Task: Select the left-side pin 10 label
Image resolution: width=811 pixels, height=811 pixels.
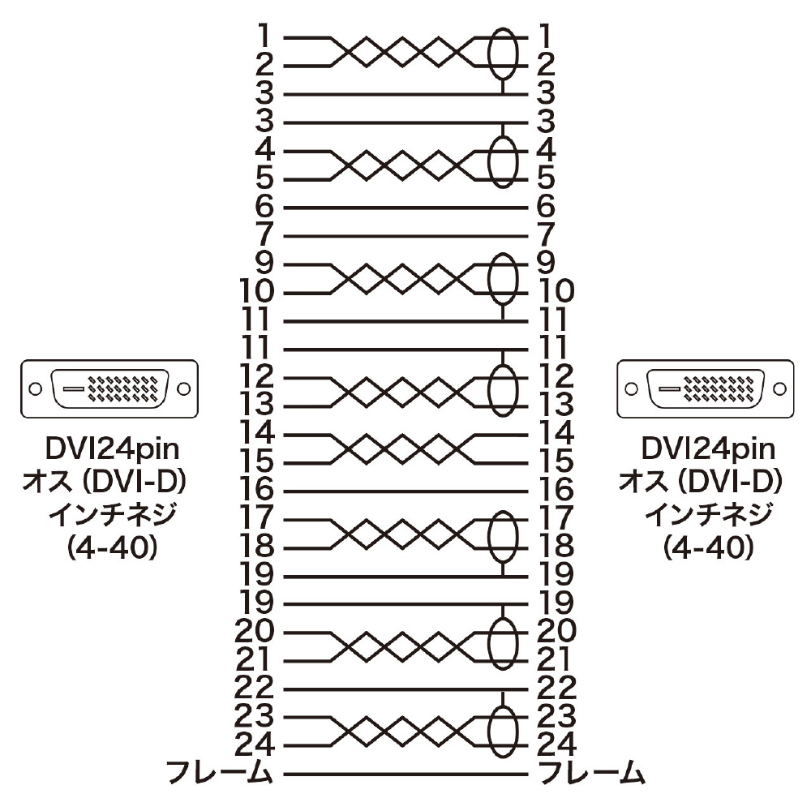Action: click(256, 291)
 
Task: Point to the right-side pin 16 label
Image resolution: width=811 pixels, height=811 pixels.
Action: click(556, 490)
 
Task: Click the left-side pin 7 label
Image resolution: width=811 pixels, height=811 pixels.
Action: click(264, 234)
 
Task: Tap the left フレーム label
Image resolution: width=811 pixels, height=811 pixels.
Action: click(219, 775)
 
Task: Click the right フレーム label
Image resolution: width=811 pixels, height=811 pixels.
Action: click(592, 775)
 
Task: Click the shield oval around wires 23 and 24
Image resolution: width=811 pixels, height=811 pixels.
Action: click(489, 732)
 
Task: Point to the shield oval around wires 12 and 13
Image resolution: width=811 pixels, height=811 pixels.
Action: click(489, 392)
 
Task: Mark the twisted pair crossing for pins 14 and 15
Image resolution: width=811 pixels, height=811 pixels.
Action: click(402, 448)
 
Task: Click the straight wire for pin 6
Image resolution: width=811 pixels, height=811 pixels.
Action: click(405, 208)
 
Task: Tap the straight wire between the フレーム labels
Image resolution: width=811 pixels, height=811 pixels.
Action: click(405, 775)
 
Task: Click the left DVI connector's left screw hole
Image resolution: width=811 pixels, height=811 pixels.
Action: click(35, 389)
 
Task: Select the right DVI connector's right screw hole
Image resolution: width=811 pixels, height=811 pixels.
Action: click(779, 389)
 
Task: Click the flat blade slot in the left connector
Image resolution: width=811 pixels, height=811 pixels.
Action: click(73, 389)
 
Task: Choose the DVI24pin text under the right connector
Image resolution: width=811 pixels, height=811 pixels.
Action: click(709, 449)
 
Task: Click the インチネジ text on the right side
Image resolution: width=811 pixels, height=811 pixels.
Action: click(709, 514)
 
